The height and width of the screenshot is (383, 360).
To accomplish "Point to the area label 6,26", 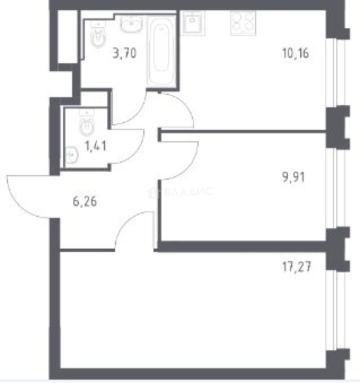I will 85,202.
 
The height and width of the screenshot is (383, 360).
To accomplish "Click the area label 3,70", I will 124,54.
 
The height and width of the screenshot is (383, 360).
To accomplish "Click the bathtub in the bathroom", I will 161,51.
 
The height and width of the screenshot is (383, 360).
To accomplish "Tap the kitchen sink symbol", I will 192,22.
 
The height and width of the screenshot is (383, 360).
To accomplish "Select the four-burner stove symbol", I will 243,22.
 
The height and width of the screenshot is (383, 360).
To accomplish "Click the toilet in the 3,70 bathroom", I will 98,35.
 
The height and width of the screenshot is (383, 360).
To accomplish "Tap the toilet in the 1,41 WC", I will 86,124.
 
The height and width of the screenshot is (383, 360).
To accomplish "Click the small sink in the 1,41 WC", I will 72,155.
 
